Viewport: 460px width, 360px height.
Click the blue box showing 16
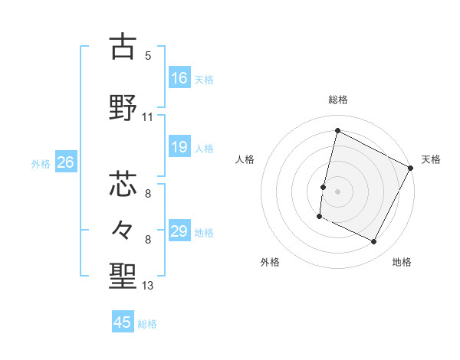click(179, 78)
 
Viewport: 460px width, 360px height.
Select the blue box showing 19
click(179, 147)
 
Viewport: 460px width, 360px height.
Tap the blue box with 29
click(179, 231)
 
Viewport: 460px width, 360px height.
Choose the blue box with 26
click(65, 162)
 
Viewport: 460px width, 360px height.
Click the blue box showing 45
click(123, 322)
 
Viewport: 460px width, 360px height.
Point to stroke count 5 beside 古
click(148, 56)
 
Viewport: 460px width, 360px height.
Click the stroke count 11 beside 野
click(148, 117)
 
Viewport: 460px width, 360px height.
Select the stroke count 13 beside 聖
click(148, 286)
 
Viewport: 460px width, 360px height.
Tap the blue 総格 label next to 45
click(147, 324)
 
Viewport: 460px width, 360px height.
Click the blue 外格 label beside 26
click(41, 163)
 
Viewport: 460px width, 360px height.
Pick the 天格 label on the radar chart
click(431, 159)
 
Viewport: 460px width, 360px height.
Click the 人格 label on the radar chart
click(245, 159)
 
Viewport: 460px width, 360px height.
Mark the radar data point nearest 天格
click(411, 168)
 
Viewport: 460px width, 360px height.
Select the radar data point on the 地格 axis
click(374, 242)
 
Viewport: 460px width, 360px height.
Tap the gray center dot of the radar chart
click(337, 191)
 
